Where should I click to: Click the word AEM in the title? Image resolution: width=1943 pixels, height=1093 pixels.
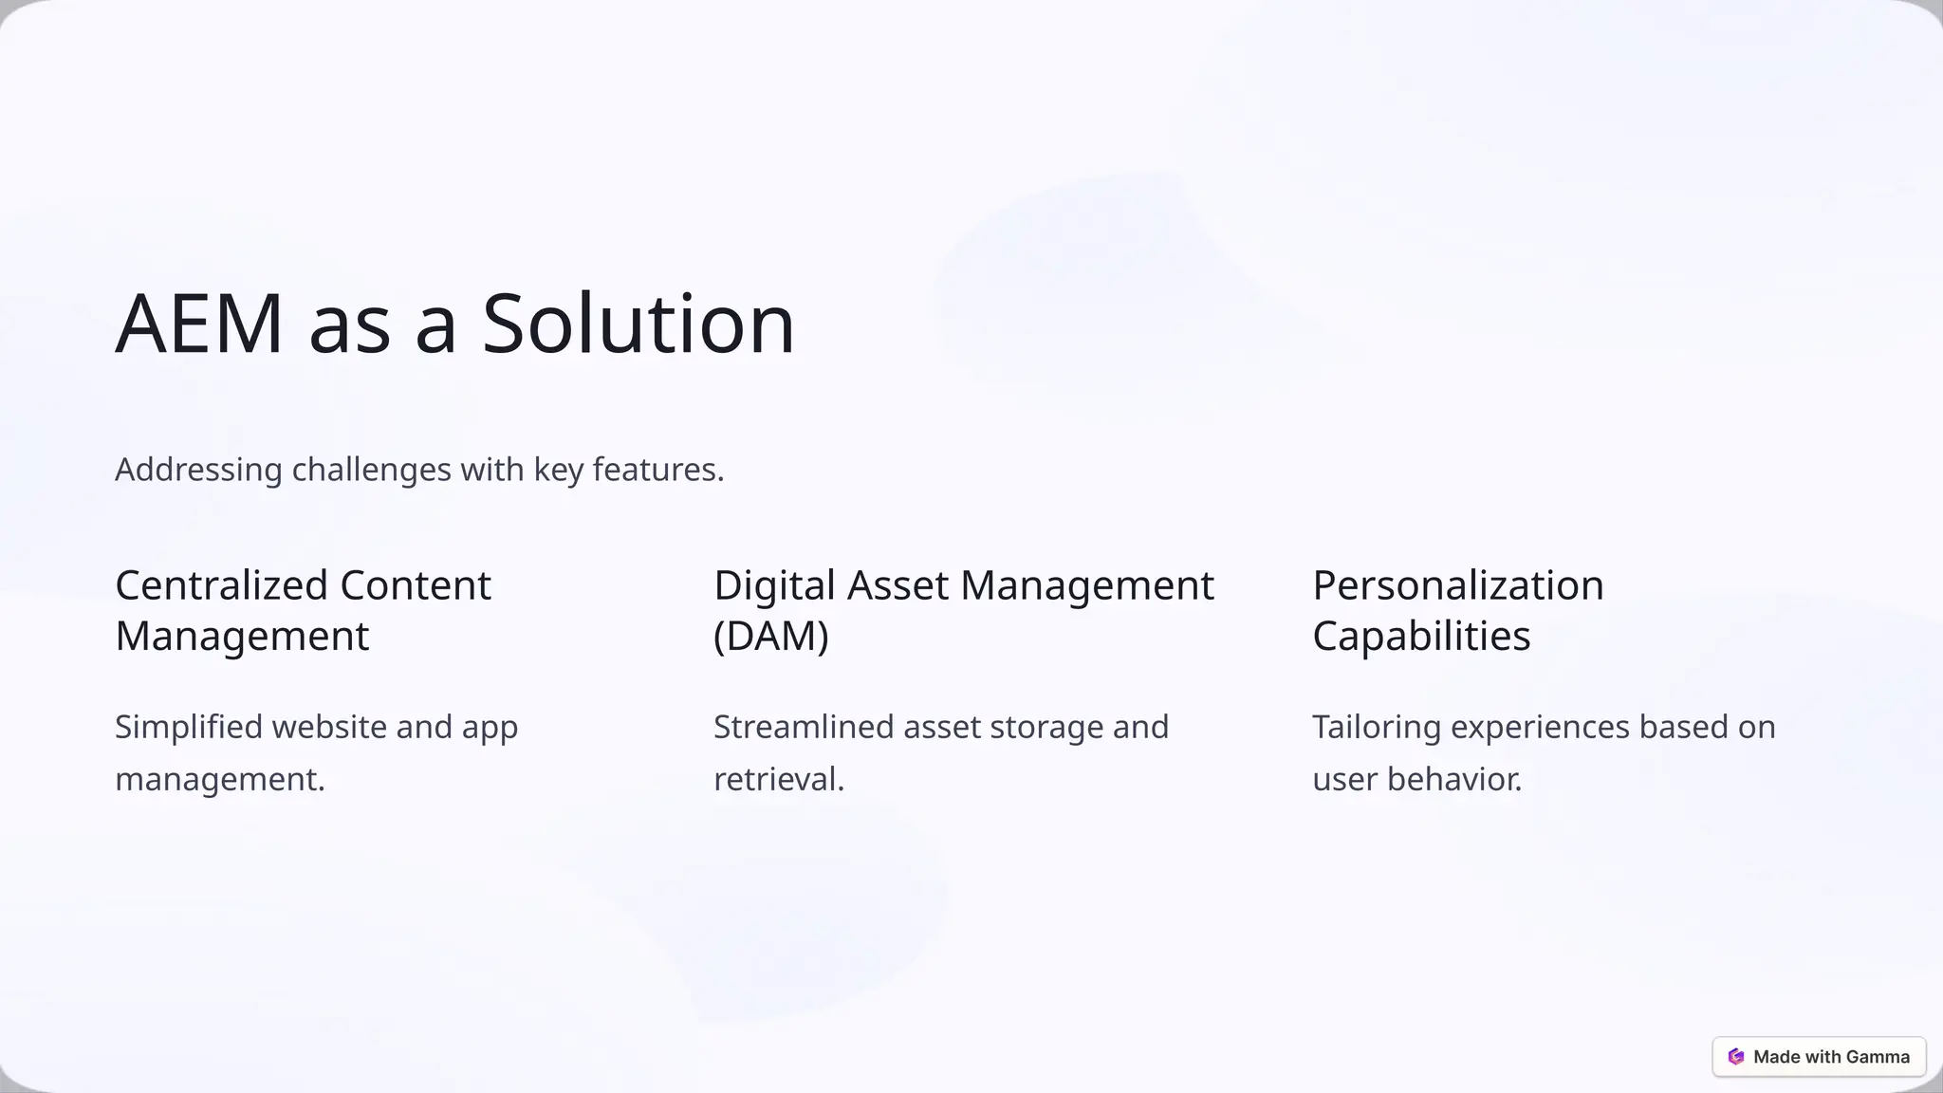[199, 324]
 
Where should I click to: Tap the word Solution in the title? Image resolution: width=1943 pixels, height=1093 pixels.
[638, 324]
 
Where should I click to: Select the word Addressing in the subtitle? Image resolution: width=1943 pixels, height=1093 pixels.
[198, 470]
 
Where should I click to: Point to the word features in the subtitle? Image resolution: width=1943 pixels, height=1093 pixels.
[657, 470]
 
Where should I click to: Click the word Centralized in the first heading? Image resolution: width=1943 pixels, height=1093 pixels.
[222, 585]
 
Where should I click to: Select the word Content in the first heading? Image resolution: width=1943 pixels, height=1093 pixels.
[416, 585]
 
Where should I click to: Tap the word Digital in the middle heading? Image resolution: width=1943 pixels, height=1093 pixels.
[774, 585]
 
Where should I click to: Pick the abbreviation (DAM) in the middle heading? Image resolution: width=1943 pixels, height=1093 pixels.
[771, 636]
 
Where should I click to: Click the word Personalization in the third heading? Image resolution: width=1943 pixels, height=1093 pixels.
[1458, 585]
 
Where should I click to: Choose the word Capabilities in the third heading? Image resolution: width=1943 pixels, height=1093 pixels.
[1421, 636]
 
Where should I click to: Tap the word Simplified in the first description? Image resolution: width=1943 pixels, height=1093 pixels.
[188, 727]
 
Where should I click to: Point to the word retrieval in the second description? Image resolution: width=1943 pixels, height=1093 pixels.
[777, 779]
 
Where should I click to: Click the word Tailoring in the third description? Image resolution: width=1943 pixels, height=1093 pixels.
[1376, 727]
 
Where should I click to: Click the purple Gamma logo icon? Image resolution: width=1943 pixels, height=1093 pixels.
[1736, 1057]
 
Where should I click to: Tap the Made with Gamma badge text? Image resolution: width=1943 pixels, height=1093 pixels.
[1831, 1057]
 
